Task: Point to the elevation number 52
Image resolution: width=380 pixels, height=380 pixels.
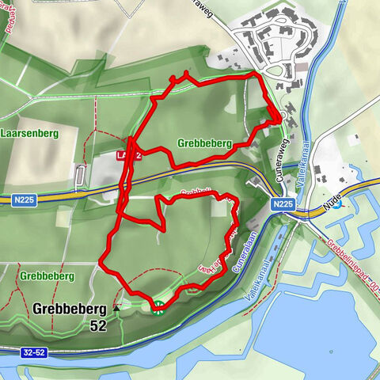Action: click(97, 325)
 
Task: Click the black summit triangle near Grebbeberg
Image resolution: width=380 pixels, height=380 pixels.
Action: click(117, 308)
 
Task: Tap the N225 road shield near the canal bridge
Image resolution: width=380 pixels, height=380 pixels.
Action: click(283, 204)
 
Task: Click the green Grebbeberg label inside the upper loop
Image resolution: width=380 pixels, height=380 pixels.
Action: click(203, 144)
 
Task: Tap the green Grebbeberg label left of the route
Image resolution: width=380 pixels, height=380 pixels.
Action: click(47, 275)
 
